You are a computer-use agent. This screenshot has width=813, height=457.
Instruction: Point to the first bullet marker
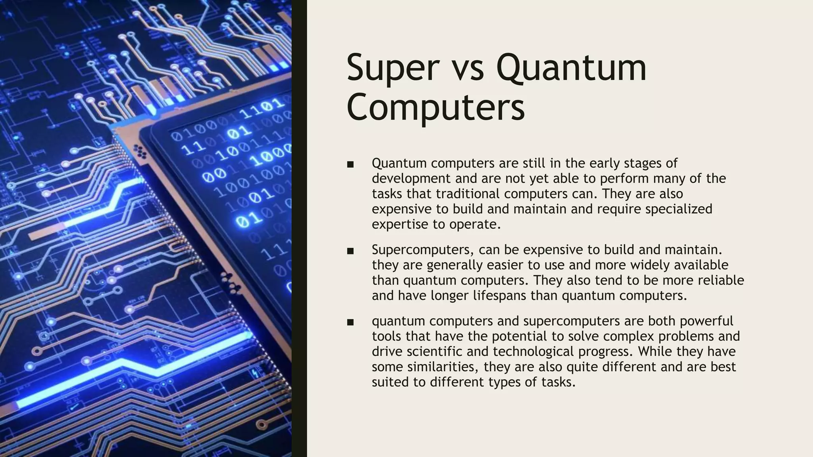click(350, 164)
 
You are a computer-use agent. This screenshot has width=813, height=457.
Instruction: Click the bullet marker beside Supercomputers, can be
click(350, 251)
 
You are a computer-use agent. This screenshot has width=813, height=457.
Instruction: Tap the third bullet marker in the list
click(350, 322)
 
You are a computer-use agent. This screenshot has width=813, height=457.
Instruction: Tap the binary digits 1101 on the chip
click(262, 109)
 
